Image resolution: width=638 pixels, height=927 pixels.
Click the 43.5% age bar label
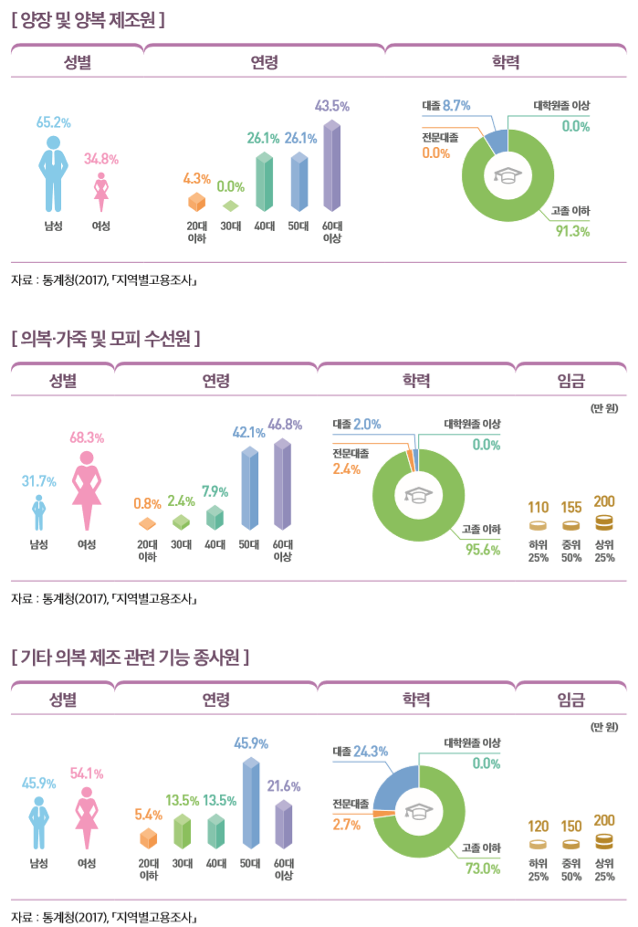tap(331, 107)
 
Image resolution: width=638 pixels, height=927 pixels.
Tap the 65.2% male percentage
tap(54, 121)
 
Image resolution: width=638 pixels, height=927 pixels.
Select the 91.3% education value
tap(573, 231)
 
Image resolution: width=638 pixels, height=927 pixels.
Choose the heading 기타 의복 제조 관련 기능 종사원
tap(131, 657)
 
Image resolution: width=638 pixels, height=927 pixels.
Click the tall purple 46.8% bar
tap(283, 484)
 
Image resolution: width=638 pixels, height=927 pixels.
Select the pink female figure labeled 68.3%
tap(88, 489)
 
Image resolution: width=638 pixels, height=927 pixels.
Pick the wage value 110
tap(539, 506)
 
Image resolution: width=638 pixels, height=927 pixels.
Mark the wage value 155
tap(571, 506)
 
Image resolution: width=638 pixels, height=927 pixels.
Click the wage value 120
tap(539, 826)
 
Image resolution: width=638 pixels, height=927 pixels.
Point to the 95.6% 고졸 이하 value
tap(483, 549)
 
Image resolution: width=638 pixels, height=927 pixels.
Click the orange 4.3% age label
tap(197, 178)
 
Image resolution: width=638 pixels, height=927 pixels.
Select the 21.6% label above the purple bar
tap(283, 785)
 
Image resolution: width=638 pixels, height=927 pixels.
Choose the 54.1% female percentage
tap(87, 774)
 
